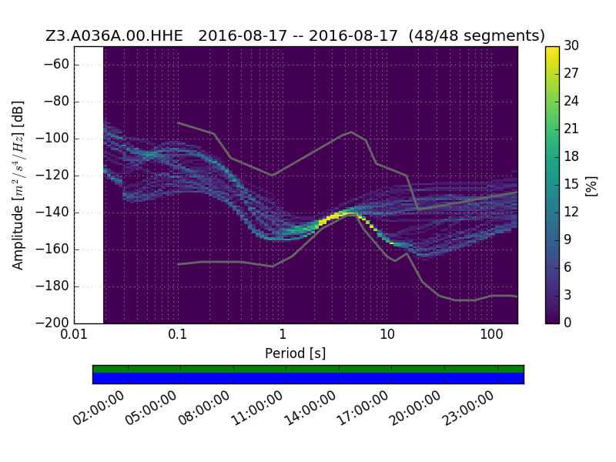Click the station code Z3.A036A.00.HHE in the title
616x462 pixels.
[114, 35]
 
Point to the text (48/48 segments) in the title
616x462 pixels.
[477, 35]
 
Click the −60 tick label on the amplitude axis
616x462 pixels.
[56, 64]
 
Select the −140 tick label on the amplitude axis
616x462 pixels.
[52, 213]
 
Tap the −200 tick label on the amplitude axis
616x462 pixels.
[52, 323]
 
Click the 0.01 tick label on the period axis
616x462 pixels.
[74, 334]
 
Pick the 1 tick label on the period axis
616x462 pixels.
[283, 334]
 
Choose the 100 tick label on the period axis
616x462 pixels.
[491, 334]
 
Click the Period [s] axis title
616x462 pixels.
[296, 353]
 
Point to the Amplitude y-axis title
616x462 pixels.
[18, 186]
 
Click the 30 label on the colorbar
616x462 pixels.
[571, 45]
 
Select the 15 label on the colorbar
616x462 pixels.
[571, 184]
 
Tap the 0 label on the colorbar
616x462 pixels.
[567, 323]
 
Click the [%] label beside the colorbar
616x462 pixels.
[591, 186]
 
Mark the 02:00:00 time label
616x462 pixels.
[99, 408]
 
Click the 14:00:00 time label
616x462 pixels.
[310, 408]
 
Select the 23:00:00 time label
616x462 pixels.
[468, 408]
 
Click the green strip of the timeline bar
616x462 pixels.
[309, 369]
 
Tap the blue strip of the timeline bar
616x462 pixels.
[309, 378]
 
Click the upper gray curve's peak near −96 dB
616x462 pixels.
[352, 132]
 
